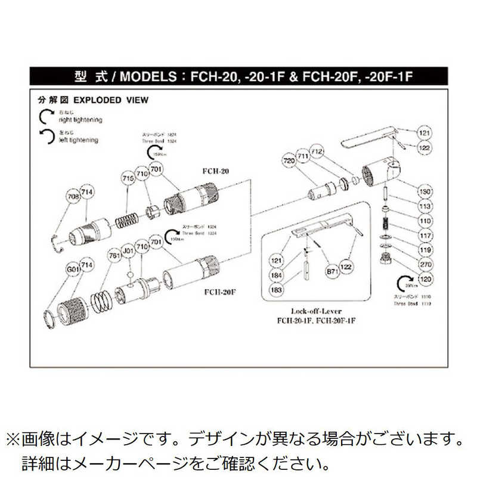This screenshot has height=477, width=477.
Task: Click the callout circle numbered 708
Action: coord(73,197)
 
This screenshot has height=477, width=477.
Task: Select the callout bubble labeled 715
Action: coord(127,179)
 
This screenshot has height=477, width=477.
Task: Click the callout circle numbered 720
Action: coord(289,161)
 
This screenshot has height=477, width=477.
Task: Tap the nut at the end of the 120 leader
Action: coord(386,259)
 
